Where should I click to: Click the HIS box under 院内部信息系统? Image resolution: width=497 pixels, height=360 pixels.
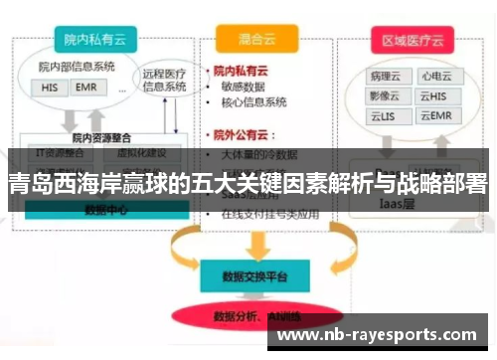(50, 88)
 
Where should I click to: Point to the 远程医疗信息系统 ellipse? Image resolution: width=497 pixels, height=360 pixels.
(164, 80)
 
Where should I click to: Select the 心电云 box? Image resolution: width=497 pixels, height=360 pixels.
(434, 77)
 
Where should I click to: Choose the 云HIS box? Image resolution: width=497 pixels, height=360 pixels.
(434, 96)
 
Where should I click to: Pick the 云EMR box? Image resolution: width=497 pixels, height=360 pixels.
(434, 116)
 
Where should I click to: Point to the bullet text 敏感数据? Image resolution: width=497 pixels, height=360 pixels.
(248, 88)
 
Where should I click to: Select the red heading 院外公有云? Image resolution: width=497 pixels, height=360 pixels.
(246, 133)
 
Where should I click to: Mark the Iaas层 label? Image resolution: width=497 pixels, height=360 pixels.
(403, 203)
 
